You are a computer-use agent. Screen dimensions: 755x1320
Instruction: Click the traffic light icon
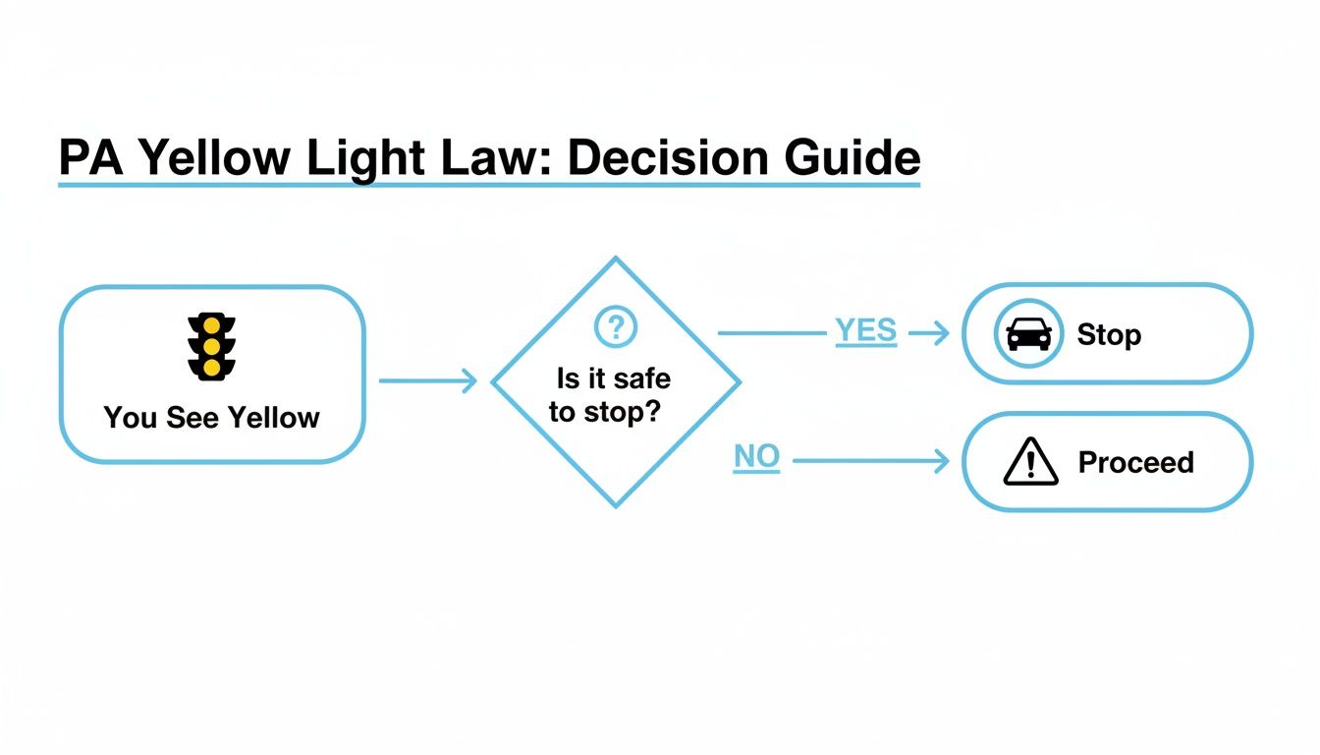(x=211, y=347)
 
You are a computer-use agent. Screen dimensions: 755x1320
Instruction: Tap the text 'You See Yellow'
(x=211, y=418)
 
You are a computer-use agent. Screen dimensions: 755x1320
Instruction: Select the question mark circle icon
(x=616, y=326)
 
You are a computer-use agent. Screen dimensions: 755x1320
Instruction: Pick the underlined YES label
(x=865, y=332)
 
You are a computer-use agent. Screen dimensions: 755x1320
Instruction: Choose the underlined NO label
(x=756, y=457)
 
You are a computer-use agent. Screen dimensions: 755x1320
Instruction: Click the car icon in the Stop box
(x=1028, y=333)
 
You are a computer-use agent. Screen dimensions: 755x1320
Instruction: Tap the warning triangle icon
(x=1030, y=463)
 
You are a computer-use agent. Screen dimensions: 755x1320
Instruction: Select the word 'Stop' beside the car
(x=1109, y=334)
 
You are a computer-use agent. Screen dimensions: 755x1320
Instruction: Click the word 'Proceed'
(x=1135, y=463)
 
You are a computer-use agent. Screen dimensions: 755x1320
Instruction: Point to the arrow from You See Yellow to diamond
(x=427, y=380)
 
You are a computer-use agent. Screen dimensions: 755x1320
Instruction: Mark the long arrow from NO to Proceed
(x=869, y=460)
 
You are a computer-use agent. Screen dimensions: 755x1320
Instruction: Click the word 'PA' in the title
(x=89, y=158)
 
